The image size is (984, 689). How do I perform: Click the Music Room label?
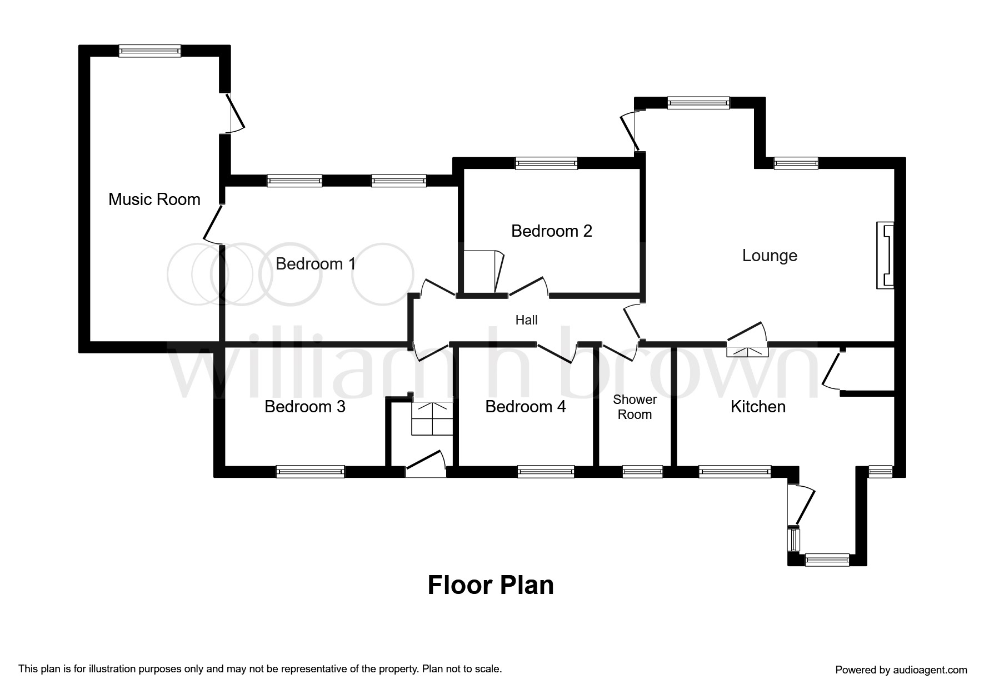coord(154,199)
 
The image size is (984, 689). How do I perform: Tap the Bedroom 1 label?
coord(315,263)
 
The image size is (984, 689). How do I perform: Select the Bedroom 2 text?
coord(551,231)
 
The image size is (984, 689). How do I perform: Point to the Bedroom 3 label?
coord(304,406)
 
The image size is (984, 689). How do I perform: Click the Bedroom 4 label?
coord(525,406)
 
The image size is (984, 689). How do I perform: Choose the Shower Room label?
coord(635,407)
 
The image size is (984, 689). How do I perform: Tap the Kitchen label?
coord(757,406)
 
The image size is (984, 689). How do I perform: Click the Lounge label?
coord(770,256)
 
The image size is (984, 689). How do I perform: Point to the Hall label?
coord(526,320)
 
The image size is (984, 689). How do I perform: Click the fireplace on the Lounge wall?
coord(885,256)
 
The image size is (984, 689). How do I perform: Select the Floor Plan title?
coord(491,585)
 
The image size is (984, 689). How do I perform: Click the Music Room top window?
coord(149,51)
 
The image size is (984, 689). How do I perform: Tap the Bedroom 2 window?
coord(546,163)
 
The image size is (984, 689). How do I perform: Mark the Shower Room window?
coord(642,472)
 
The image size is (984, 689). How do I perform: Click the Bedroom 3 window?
coord(310,472)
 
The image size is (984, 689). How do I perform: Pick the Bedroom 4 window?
coord(546,472)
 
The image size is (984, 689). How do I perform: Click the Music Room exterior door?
coord(233,113)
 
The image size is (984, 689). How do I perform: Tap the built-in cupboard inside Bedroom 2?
coord(481,272)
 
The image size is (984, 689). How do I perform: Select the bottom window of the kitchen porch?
coord(827,560)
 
